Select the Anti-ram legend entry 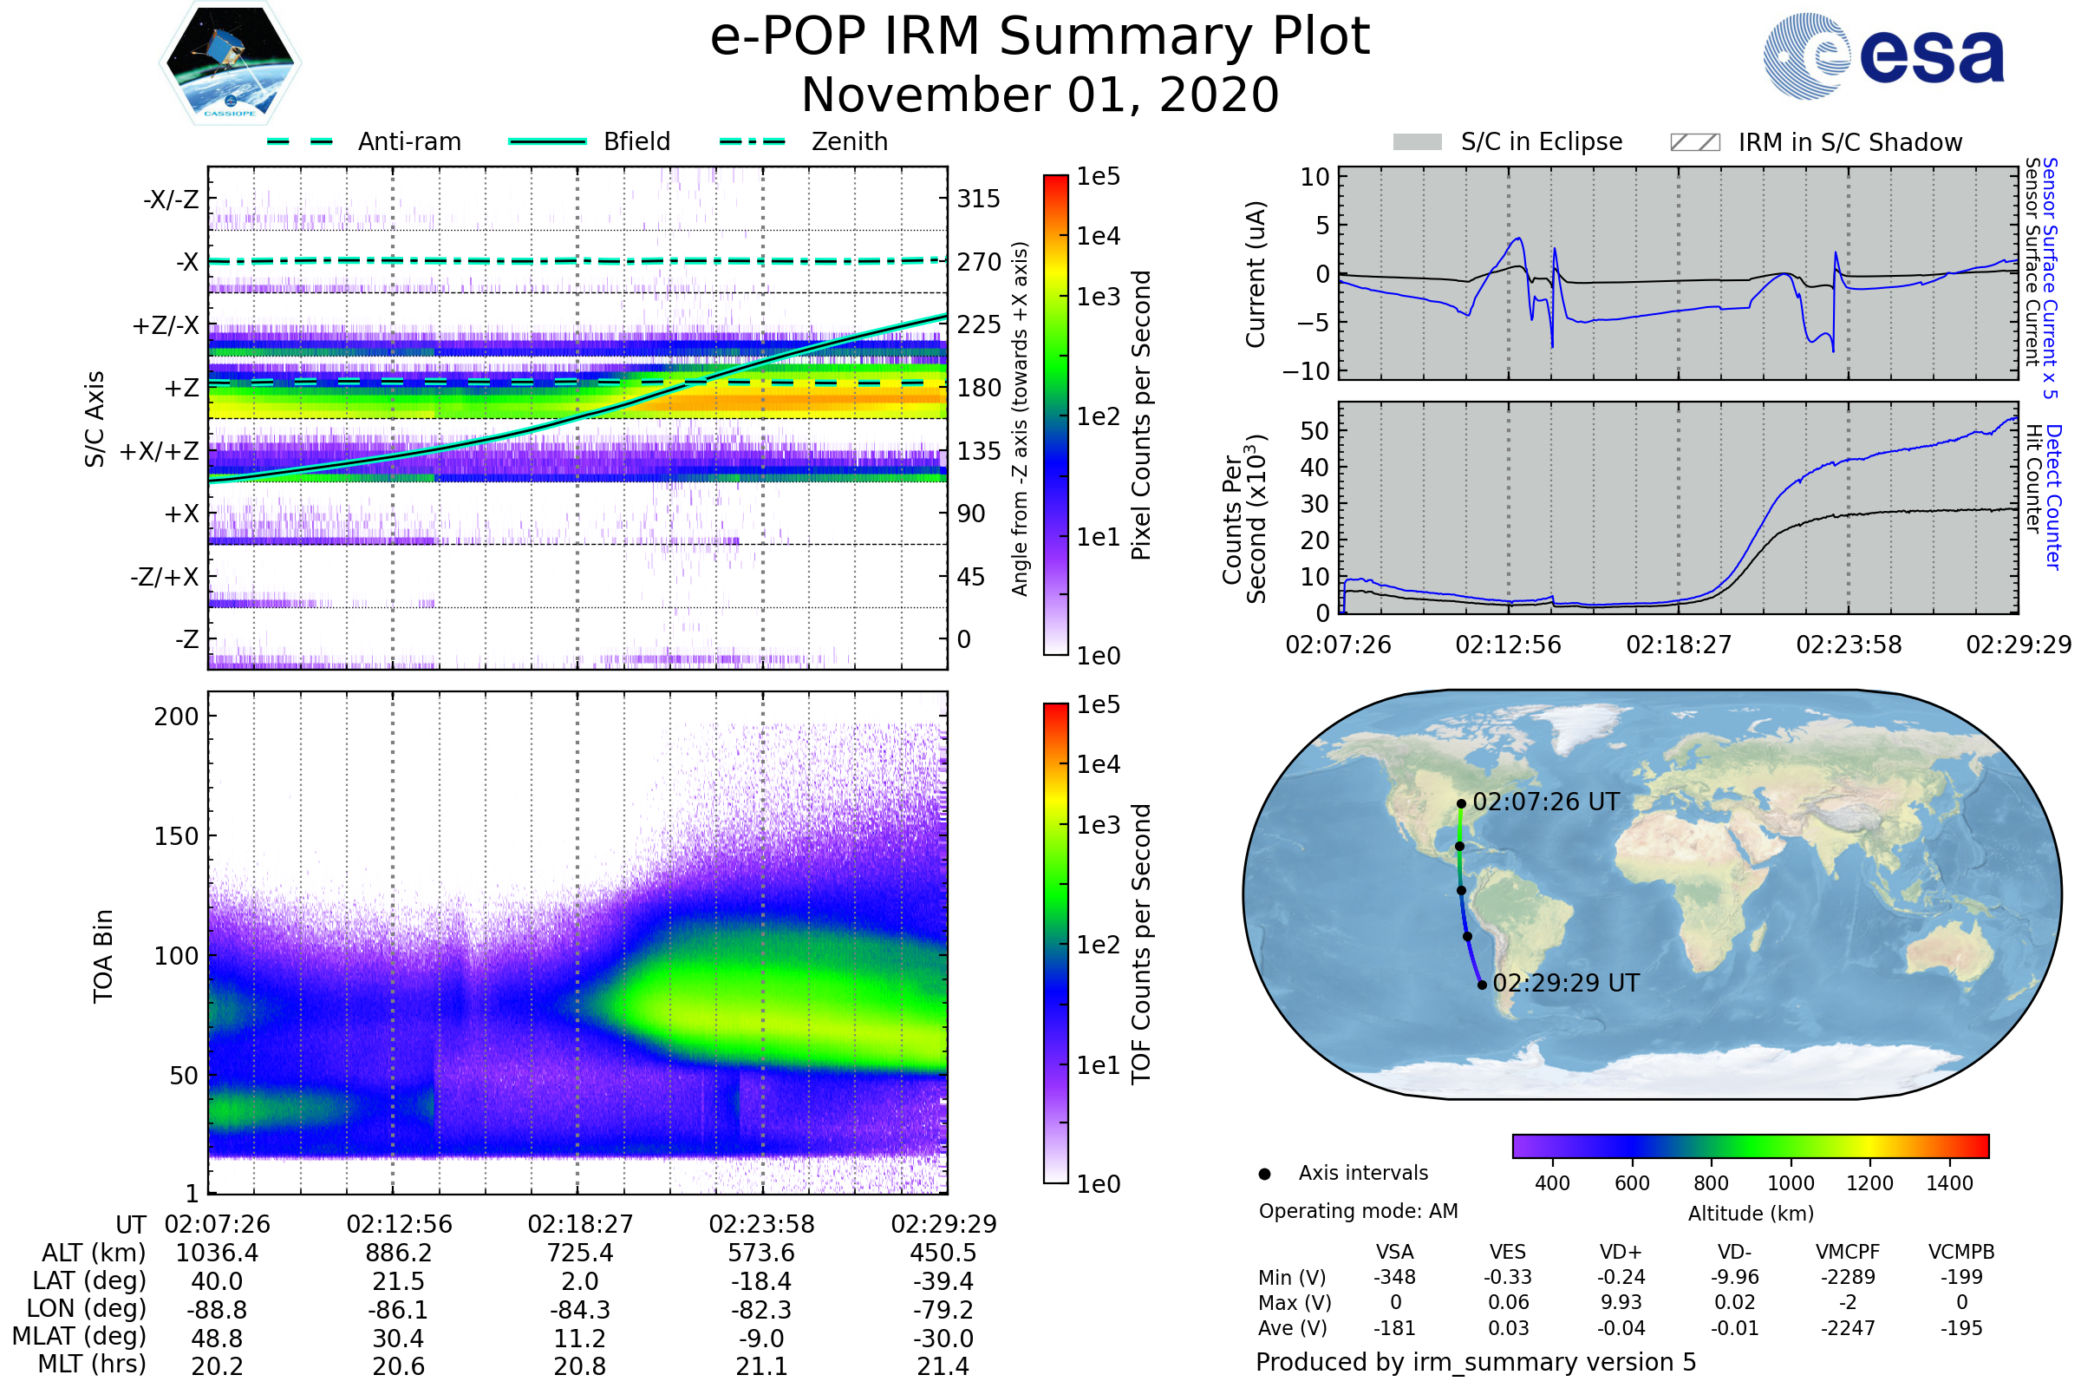(x=363, y=141)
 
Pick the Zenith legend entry (x=804, y=141)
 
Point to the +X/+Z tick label (x=160, y=451)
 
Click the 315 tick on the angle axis (x=978, y=199)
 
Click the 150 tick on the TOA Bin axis (x=176, y=836)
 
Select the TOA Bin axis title (x=103, y=955)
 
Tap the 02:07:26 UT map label (x=1545, y=802)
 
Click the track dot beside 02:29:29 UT (x=1482, y=985)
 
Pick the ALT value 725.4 (x=579, y=1254)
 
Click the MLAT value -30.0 (x=943, y=1339)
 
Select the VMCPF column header (x=1848, y=1253)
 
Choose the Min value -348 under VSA (x=1394, y=1277)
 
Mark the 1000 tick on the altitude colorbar (x=1791, y=1183)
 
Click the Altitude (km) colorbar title (x=1750, y=1214)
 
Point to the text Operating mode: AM (x=1358, y=1211)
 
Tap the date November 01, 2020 (x=1040, y=95)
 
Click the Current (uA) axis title (x=1256, y=274)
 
